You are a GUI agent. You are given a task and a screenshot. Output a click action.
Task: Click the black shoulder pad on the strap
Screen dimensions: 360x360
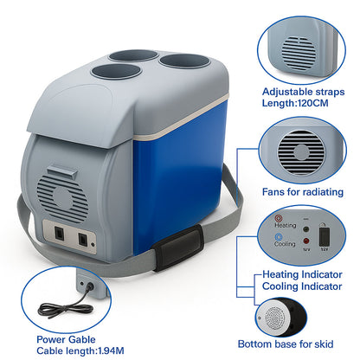point(178,247)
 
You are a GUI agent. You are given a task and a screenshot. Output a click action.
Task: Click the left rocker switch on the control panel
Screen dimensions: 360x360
point(60,233)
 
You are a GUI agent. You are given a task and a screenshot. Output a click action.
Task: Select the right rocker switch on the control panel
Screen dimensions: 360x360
point(82,239)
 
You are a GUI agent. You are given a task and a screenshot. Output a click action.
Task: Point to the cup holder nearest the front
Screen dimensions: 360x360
point(116,72)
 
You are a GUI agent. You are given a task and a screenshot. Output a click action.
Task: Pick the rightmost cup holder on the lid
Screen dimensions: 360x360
point(184,61)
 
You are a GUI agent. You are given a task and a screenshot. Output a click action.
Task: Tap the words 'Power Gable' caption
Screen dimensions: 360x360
point(66,339)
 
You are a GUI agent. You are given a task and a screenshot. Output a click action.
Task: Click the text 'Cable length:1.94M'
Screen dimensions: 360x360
point(80,351)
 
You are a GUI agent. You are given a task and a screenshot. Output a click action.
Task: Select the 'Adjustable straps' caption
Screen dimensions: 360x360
point(303,92)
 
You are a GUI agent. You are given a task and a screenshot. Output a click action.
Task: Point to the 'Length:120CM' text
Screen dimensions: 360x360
point(295,103)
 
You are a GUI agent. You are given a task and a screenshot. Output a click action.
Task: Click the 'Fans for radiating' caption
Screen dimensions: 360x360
point(303,192)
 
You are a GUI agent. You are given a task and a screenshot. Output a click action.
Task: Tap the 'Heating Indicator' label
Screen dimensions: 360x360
point(302,274)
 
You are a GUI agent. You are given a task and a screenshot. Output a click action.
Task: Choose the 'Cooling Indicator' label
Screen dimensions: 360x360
point(302,286)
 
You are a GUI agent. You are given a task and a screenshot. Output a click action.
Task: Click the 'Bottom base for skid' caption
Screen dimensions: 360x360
point(286,344)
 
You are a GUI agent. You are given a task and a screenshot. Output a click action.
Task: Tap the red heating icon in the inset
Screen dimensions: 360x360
point(279,218)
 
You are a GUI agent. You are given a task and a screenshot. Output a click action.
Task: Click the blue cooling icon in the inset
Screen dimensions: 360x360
point(279,237)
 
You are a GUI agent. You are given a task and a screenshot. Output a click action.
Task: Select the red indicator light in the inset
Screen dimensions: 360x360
point(306,241)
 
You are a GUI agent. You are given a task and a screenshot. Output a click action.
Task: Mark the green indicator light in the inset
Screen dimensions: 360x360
point(305,230)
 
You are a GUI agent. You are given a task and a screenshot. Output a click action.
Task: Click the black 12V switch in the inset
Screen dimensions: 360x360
point(325,237)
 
